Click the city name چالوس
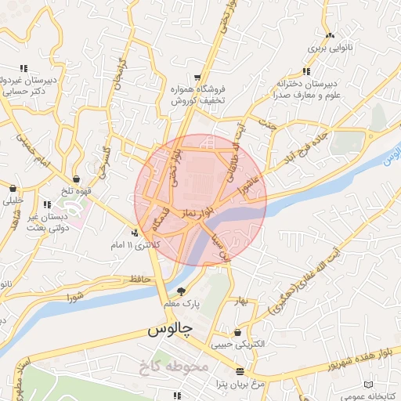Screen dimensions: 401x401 point(170,331)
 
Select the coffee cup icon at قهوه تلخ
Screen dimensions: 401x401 point(76,178)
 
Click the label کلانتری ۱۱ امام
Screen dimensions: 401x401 point(133,245)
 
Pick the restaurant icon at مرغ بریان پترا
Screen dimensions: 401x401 point(240,371)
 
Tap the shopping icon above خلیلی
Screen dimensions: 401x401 point(13,188)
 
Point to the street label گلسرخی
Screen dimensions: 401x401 point(103,160)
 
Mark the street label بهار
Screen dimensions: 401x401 point(240,300)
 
